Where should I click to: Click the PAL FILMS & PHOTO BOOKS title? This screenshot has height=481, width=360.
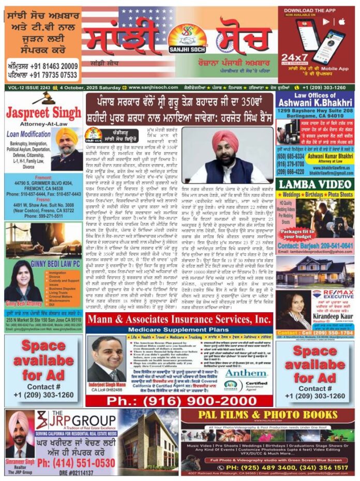(x=267, y=415)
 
